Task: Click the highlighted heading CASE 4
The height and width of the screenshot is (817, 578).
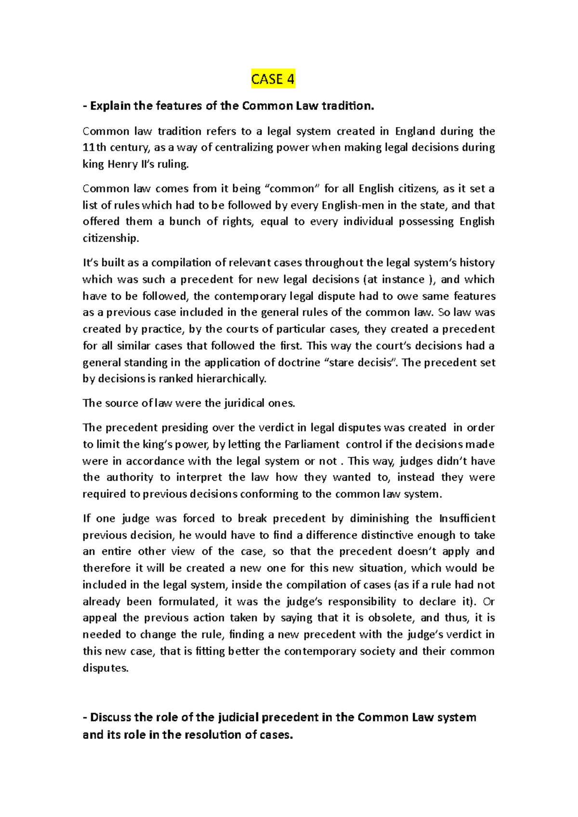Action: (x=273, y=79)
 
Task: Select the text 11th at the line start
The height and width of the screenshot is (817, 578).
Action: (x=94, y=148)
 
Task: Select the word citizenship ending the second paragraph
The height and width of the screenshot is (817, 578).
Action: (x=110, y=238)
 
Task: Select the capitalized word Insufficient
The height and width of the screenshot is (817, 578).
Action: (x=467, y=519)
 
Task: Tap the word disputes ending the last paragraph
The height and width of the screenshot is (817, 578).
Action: (x=105, y=668)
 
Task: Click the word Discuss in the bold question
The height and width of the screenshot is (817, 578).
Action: (x=111, y=717)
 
